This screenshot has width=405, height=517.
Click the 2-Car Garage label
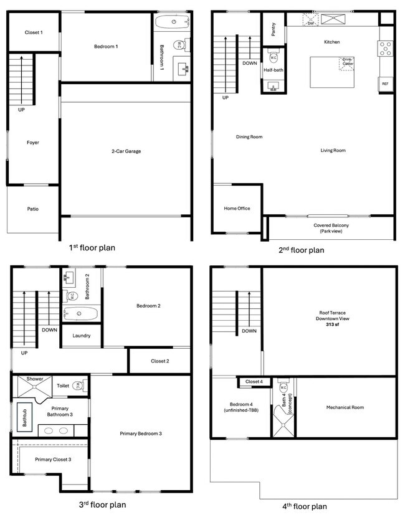(126, 151)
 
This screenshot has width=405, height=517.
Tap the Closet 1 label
(34, 32)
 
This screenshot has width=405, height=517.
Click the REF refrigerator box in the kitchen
(385, 83)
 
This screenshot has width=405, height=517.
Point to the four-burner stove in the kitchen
(385, 47)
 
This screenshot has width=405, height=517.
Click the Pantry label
(274, 29)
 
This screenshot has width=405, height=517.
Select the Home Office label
(237, 208)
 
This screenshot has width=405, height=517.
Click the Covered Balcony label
(331, 227)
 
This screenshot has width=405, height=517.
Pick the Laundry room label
(82, 336)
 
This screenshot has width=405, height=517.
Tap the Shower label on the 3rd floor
(35, 379)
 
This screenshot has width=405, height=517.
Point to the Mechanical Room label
(345, 407)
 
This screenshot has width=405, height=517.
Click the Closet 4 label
(254, 381)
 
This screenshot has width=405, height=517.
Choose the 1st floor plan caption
(92, 247)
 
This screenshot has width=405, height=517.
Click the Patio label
(33, 209)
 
